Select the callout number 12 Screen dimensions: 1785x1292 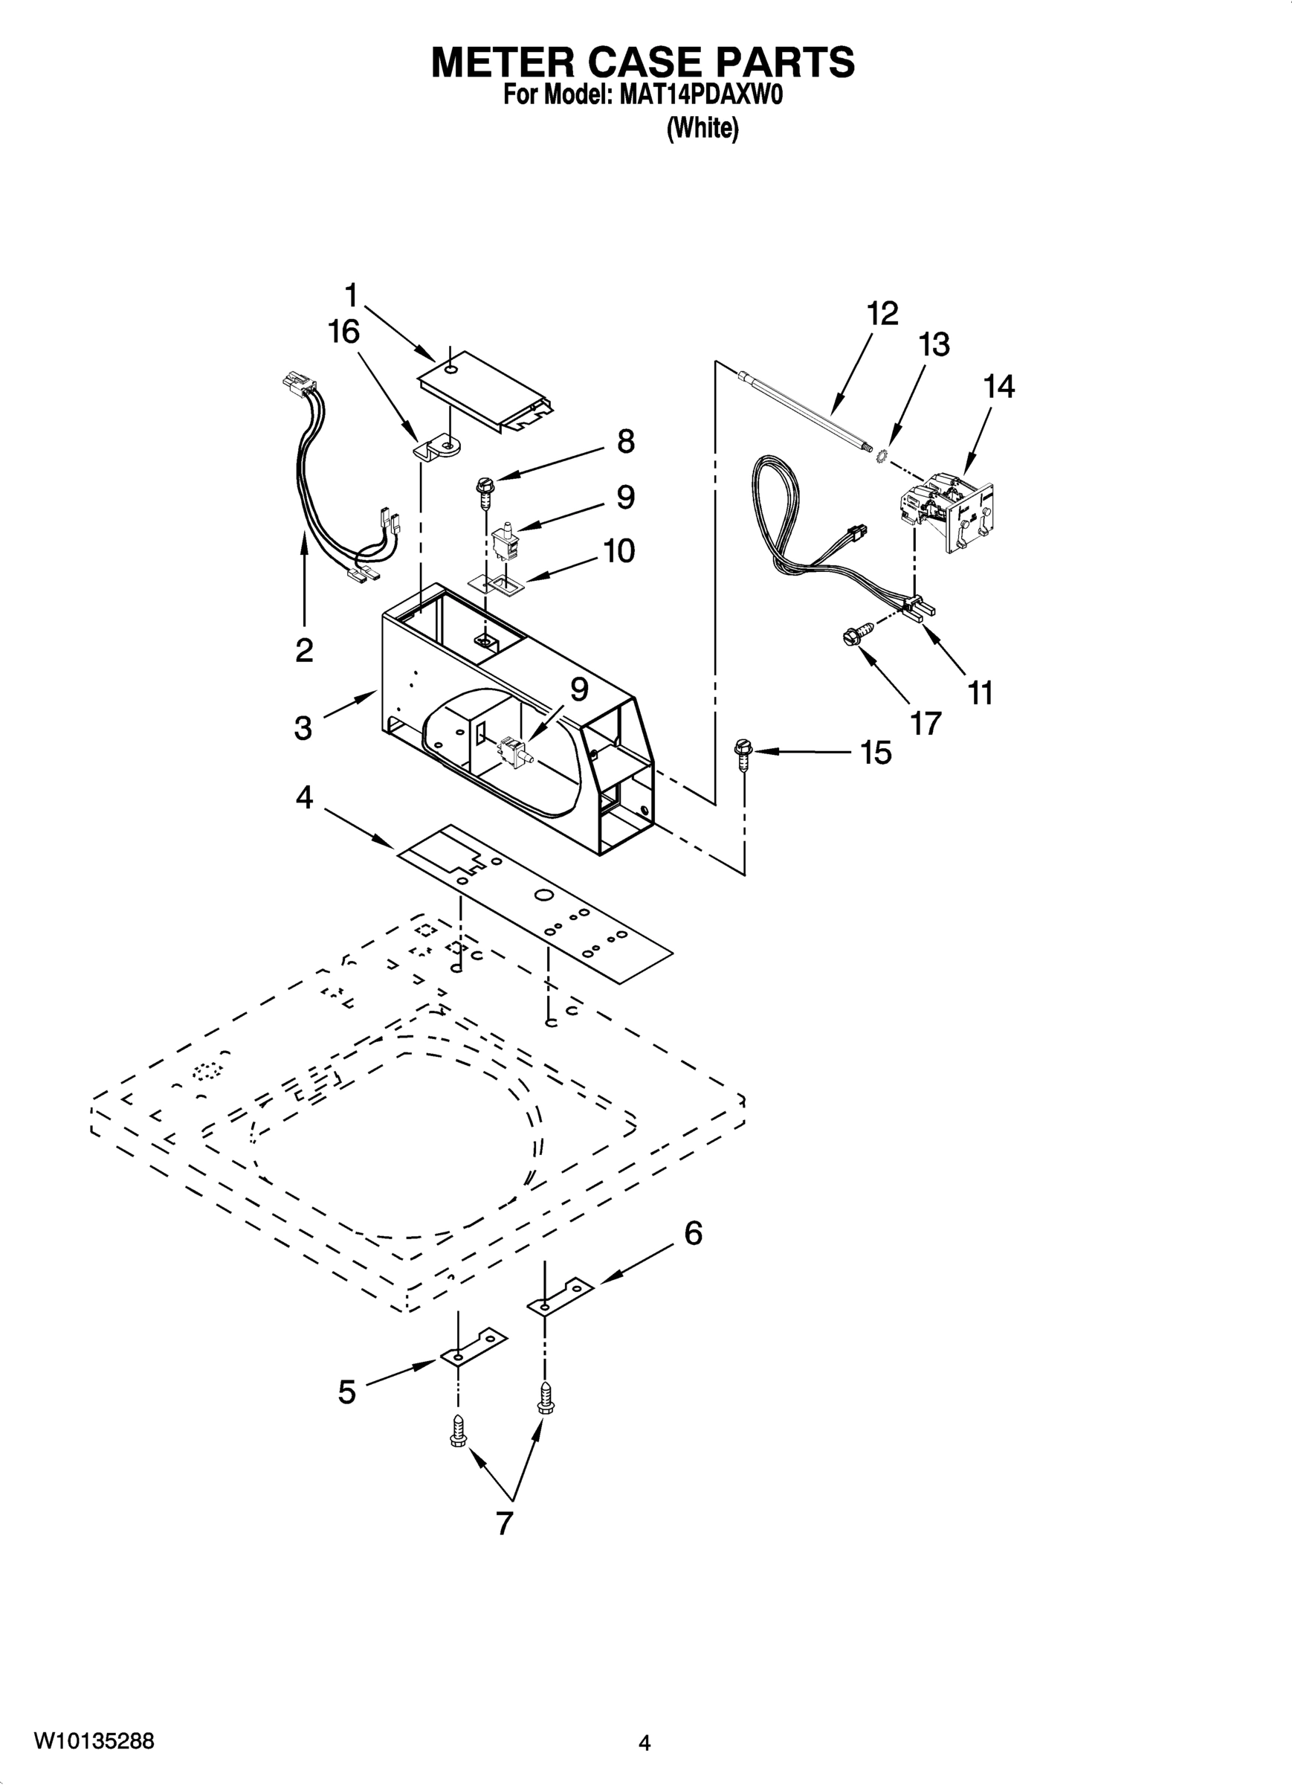tap(882, 314)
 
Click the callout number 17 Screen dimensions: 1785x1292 tap(926, 722)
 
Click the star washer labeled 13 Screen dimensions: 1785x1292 tap(883, 455)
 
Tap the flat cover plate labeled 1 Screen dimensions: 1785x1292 tap(488, 390)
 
